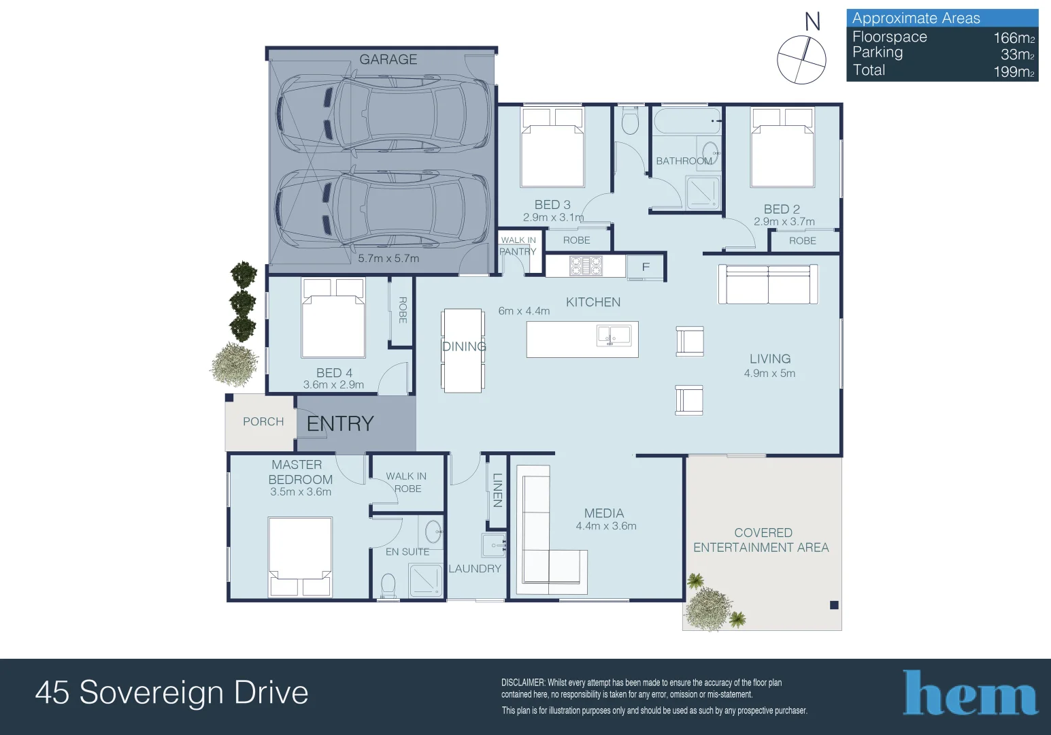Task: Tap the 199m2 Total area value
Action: pos(1014,71)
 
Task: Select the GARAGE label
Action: pos(388,60)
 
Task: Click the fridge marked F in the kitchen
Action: pos(646,267)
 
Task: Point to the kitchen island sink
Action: pos(614,336)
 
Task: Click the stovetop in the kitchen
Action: pos(586,265)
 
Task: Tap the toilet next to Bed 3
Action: pos(630,120)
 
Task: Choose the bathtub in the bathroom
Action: pos(687,120)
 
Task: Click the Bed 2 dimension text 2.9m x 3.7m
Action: pos(784,222)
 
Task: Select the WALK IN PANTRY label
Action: pos(518,246)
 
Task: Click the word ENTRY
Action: pos(340,424)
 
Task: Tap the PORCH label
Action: pos(263,421)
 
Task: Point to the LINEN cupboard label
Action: pos(497,490)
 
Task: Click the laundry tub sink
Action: pos(494,545)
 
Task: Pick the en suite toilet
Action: pos(388,585)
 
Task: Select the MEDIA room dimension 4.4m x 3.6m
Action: pos(605,526)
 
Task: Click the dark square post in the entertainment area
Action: pos(834,605)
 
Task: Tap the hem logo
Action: pos(970,693)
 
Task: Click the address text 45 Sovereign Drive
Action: pos(171,692)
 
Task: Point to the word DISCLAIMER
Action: pos(523,683)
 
